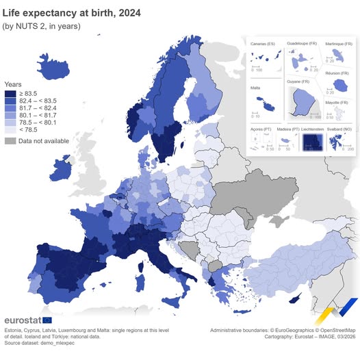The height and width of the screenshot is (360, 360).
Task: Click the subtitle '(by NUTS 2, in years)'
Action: [x=42, y=26]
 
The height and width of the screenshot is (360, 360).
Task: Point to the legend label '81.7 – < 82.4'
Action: [x=42, y=108]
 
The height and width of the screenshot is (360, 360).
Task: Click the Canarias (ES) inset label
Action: [x=263, y=44]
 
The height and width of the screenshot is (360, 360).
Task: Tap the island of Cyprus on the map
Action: [x=296, y=299]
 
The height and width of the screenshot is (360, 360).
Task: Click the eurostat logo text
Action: [x=23, y=320]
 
